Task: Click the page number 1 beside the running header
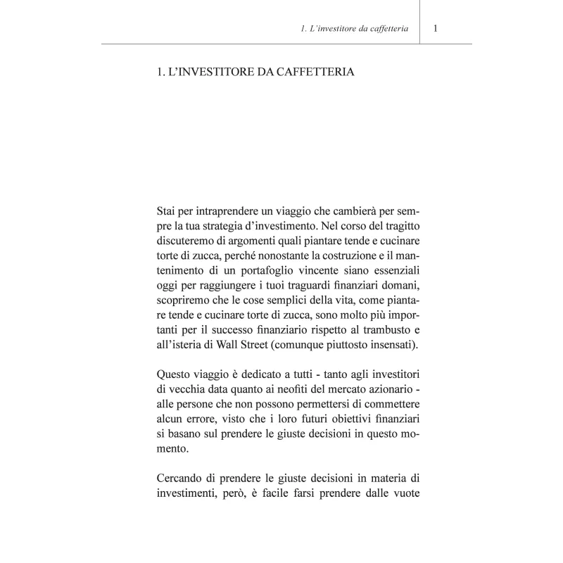click(x=436, y=29)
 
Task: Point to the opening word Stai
click(x=168, y=211)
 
